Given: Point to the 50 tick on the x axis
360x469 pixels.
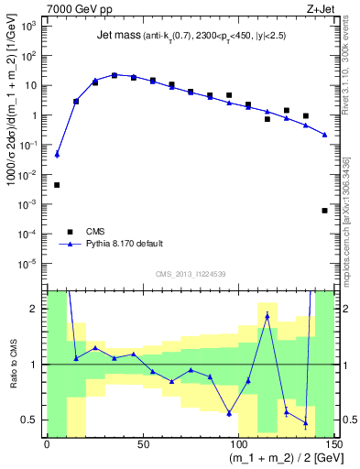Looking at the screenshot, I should (142, 444).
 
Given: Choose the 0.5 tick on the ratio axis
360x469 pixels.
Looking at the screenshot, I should (33, 420).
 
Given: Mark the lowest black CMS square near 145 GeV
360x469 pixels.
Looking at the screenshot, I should (324, 211).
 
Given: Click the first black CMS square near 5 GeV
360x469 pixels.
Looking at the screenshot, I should (57, 185).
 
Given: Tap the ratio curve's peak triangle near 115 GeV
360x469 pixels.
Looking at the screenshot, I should (267, 316).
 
